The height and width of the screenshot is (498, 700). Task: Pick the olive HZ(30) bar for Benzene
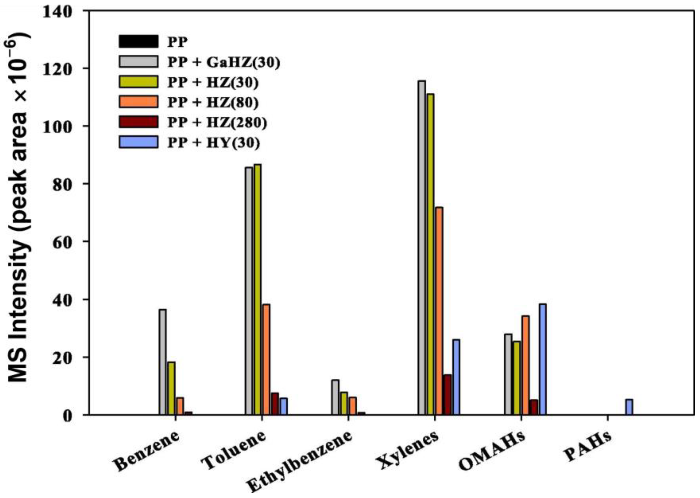171,388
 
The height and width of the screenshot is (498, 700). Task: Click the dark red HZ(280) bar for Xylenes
448,394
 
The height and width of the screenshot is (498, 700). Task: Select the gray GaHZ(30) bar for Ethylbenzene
335,397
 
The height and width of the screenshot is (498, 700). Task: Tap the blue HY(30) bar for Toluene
283,406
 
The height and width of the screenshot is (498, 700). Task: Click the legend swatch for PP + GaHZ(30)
138,61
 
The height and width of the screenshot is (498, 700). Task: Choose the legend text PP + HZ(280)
217,122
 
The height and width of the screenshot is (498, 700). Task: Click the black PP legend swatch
138,41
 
